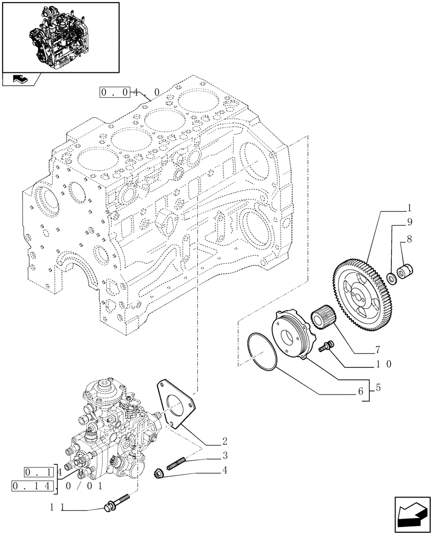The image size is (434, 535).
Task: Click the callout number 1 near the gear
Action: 409,207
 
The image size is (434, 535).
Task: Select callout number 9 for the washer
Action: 409,221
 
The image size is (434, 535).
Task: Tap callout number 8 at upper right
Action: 409,241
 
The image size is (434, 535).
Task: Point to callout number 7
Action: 377,350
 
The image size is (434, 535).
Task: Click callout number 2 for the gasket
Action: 225,442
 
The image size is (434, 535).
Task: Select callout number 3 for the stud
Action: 225,456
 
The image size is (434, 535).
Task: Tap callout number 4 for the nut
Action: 225,471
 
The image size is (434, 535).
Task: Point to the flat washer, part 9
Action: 392,277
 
